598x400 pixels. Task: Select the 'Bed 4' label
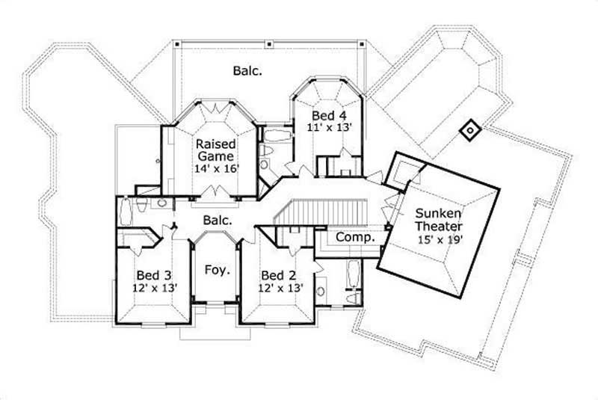pyautogui.click(x=329, y=116)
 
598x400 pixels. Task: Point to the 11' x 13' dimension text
pyautogui.click(x=329, y=128)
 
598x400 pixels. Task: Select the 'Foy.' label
pyautogui.click(x=217, y=269)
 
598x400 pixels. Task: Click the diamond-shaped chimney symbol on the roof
pyautogui.click(x=469, y=132)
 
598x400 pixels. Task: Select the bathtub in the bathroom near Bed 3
pyautogui.click(x=126, y=212)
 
